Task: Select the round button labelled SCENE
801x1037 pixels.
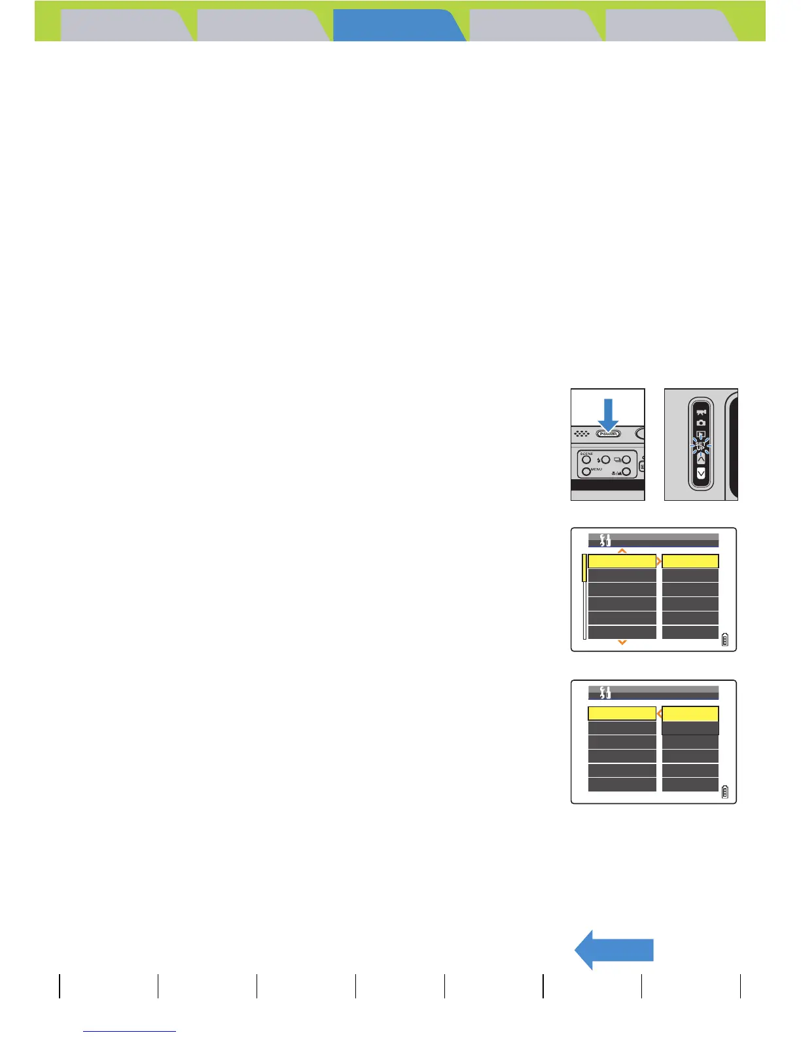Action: point(587,460)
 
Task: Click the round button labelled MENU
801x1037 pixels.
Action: point(587,471)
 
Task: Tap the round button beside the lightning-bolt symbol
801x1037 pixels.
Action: point(605,460)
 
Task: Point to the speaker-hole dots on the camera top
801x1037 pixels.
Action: point(580,433)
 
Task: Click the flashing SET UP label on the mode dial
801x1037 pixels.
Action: point(700,446)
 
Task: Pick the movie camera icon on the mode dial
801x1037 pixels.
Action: point(701,412)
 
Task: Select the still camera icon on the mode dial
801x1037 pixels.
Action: point(701,423)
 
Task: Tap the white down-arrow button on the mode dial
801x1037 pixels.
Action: point(701,473)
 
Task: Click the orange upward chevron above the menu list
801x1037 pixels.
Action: point(622,551)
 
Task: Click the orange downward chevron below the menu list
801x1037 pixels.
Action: point(622,643)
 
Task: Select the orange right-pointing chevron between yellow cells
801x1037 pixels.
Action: point(659,562)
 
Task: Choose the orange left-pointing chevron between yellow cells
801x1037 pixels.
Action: point(659,714)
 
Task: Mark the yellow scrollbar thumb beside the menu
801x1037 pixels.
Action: point(584,568)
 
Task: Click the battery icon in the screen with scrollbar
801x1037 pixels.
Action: point(724,640)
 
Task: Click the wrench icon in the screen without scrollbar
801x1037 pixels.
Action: point(605,692)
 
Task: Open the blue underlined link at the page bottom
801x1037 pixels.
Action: point(130,1031)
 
